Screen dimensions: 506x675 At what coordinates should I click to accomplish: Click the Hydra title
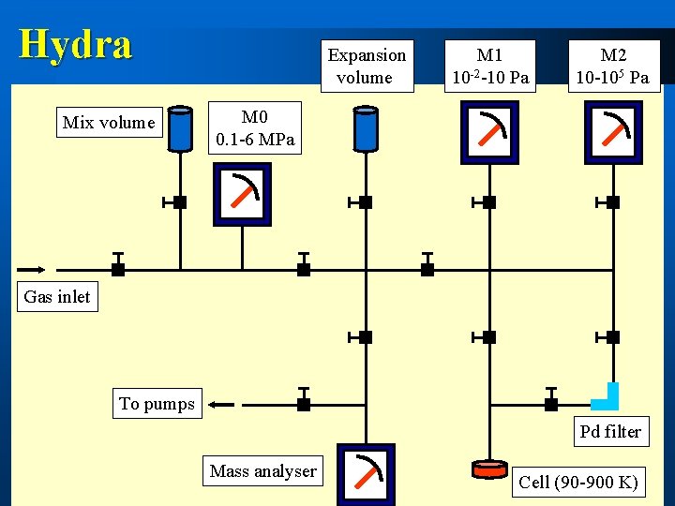(x=76, y=44)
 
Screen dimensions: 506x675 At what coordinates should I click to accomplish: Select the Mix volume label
(x=109, y=123)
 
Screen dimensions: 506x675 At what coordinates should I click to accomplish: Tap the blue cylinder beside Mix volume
(x=179, y=128)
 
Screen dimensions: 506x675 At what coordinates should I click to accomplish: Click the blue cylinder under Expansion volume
(x=365, y=128)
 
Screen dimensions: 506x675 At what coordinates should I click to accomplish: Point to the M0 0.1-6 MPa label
(x=255, y=129)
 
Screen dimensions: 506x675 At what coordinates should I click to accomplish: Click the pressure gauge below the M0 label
(x=242, y=195)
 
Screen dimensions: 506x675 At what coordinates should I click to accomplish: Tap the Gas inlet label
(x=57, y=297)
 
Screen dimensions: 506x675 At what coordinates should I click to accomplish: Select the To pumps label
(x=157, y=404)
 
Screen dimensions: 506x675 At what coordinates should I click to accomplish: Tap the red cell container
(x=488, y=466)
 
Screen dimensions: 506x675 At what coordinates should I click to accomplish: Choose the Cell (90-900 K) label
(x=578, y=483)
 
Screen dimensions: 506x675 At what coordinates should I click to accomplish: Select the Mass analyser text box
(x=263, y=471)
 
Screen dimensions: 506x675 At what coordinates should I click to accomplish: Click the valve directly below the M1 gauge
(x=488, y=201)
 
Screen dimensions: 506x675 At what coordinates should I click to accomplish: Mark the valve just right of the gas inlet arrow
(x=118, y=268)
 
